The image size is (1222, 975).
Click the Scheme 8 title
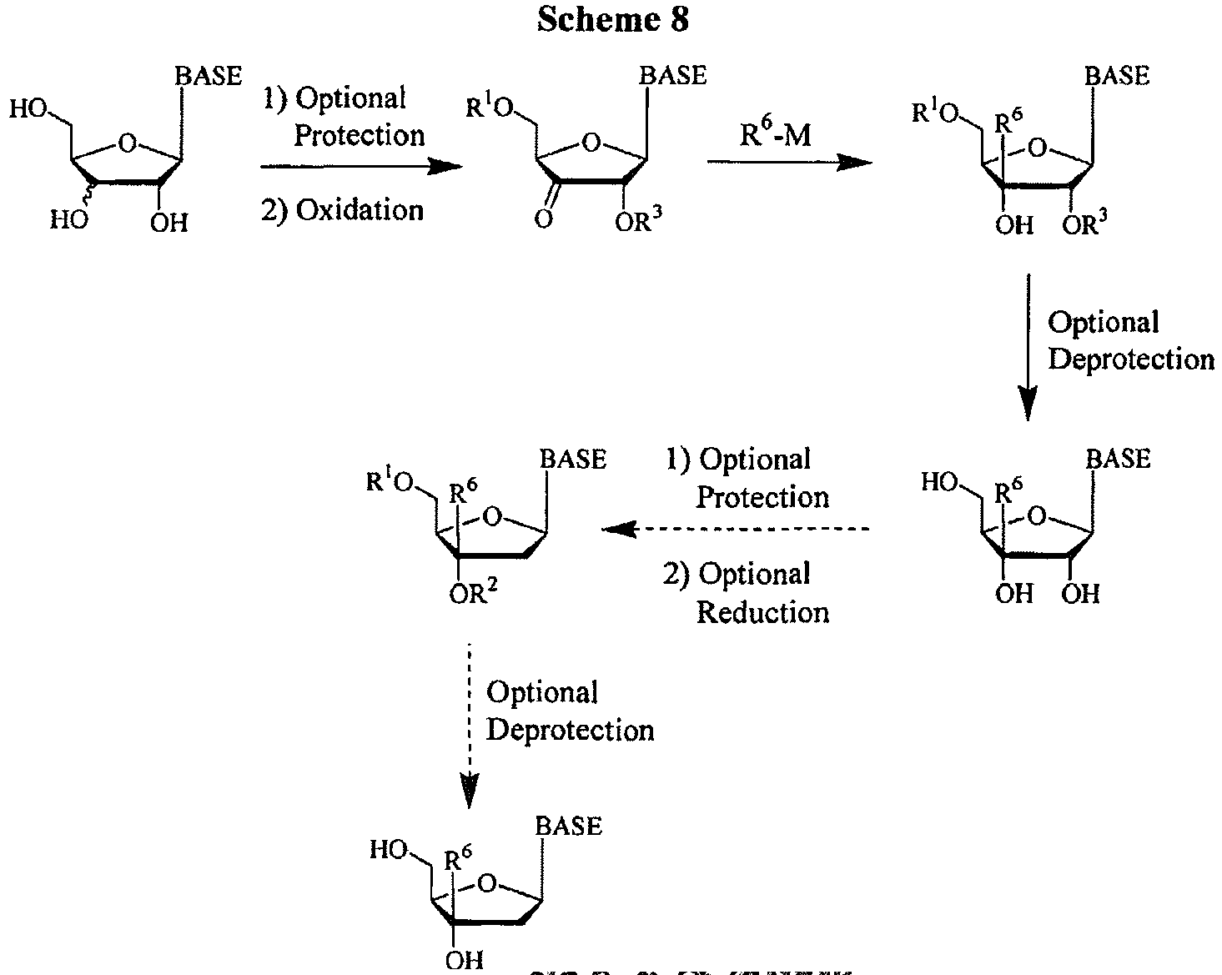tap(612, 20)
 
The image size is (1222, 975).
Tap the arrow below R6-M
tap(789, 163)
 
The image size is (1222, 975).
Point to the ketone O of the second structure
tap(544, 220)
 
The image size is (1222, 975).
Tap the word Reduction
tap(762, 612)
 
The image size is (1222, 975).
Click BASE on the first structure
tap(208, 77)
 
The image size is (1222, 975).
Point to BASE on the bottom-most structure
tap(568, 826)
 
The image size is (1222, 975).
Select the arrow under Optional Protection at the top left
tap(360, 166)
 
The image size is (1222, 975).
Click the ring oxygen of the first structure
tap(126, 143)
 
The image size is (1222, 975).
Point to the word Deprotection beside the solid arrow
tap(1131, 359)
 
